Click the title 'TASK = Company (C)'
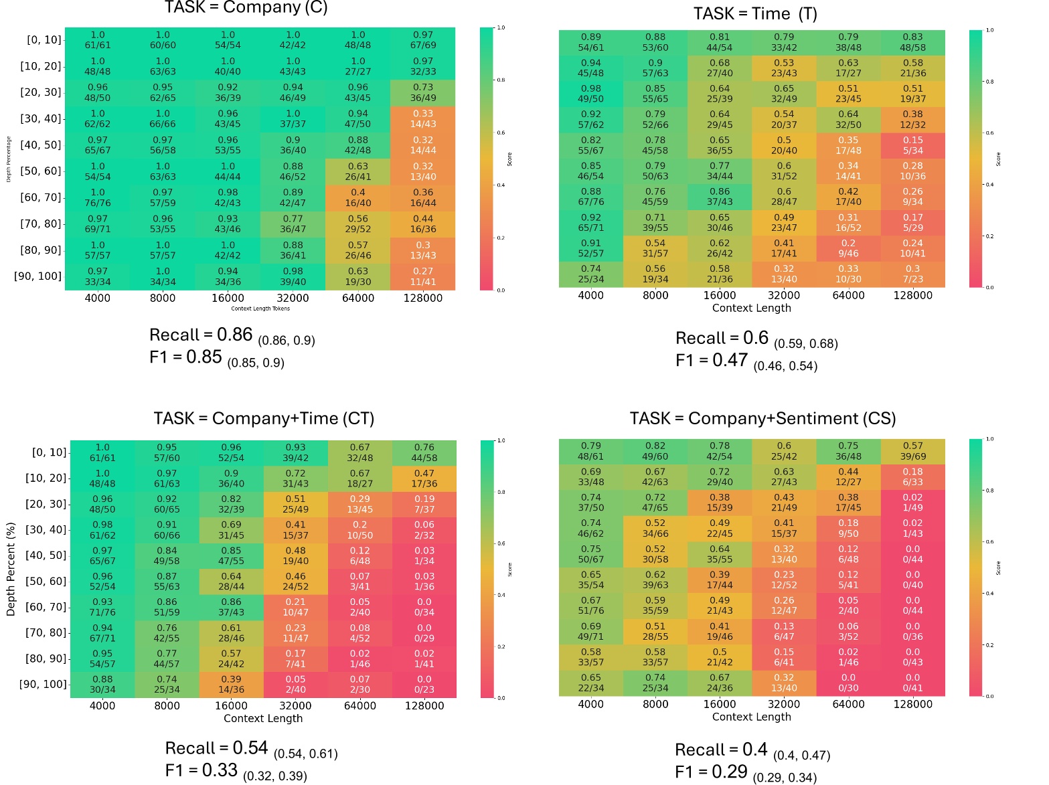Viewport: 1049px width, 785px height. click(x=246, y=8)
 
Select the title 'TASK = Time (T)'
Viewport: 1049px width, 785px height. click(x=754, y=14)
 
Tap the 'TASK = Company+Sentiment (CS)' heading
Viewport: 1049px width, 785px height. click(x=762, y=418)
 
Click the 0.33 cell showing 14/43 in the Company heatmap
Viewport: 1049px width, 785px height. click(x=423, y=118)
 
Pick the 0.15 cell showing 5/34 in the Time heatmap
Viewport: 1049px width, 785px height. click(x=912, y=145)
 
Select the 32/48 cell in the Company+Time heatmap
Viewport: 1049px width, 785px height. click(x=359, y=452)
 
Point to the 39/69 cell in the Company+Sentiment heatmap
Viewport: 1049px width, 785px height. click(x=912, y=451)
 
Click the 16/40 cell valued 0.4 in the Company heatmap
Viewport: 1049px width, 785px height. click(x=358, y=197)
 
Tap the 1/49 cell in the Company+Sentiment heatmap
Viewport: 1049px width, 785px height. click(x=912, y=503)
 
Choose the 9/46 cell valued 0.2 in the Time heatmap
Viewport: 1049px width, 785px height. click(x=848, y=248)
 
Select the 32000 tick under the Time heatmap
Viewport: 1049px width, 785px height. click(x=784, y=295)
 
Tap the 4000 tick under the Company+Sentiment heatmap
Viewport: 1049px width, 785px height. click(x=590, y=704)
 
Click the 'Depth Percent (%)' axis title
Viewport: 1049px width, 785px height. click(x=11, y=569)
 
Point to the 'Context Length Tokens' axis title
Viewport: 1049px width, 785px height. click(x=260, y=309)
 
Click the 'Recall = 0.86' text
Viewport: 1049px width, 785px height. click(x=201, y=335)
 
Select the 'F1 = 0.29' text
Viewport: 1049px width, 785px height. click(x=711, y=772)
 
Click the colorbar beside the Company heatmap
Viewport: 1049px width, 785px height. click(x=486, y=159)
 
